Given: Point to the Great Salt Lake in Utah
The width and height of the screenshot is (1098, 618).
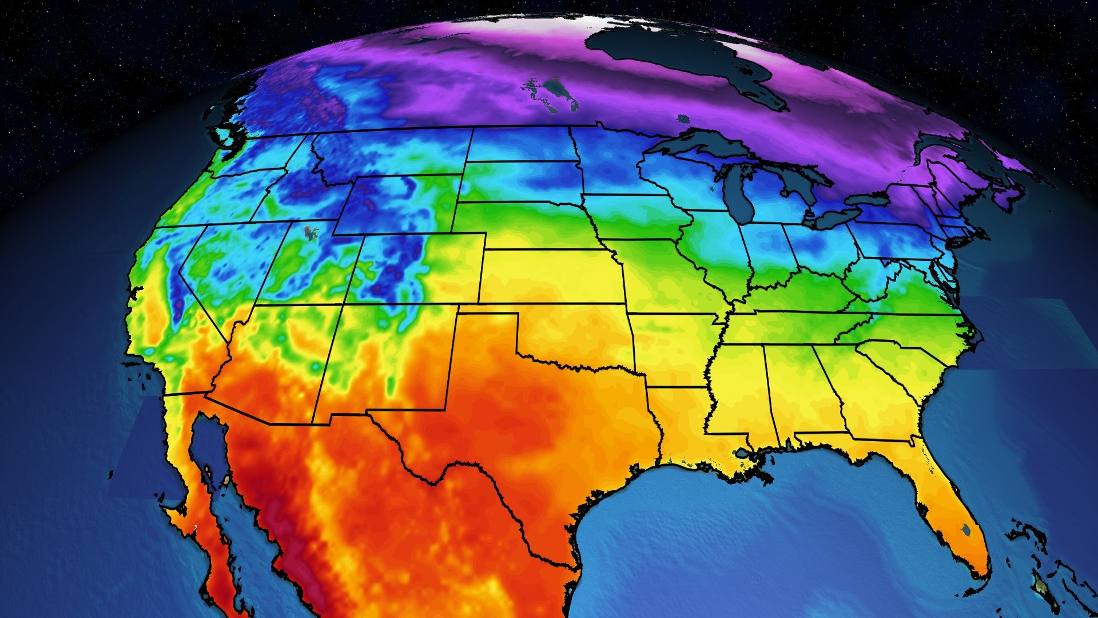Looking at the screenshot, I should click(312, 232).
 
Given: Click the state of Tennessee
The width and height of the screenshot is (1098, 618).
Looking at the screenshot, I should click(801, 326).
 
